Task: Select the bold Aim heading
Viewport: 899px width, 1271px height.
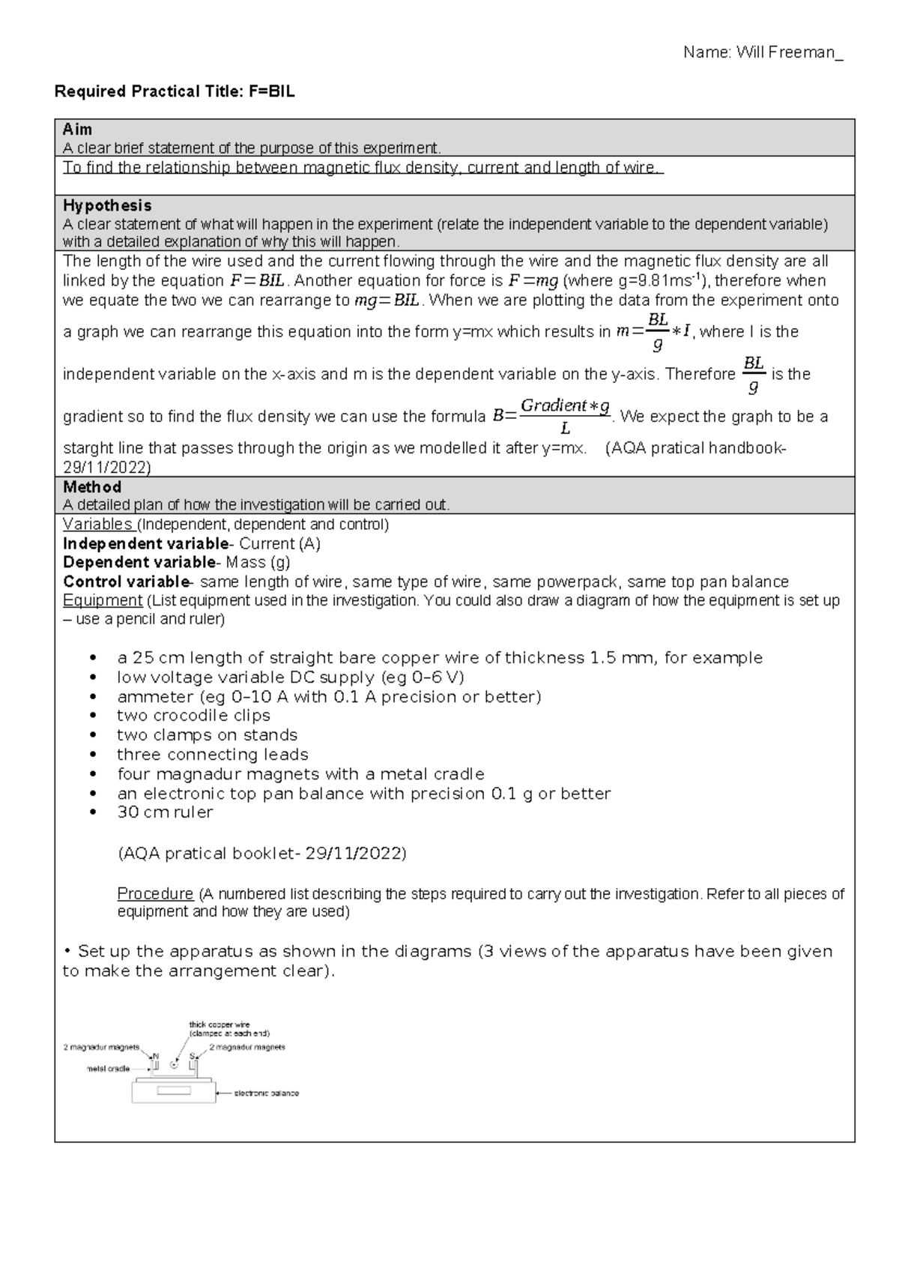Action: (77, 130)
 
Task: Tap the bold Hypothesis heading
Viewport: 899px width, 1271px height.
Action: (107, 205)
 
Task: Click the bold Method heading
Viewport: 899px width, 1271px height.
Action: (91, 487)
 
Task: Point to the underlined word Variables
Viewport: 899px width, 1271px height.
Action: (97, 525)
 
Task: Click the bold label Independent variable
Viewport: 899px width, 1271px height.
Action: (145, 544)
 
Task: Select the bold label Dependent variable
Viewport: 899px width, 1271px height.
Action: (139, 563)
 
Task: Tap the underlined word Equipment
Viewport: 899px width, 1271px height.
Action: (102, 601)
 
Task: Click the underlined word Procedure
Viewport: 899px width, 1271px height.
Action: (155, 894)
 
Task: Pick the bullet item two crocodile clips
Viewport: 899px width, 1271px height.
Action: (193, 716)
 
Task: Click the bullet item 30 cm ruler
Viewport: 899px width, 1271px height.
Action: (165, 812)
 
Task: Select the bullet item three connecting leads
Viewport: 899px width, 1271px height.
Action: (213, 755)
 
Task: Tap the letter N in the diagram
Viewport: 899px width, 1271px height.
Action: (156, 1056)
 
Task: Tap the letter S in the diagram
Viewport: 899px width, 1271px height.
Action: (192, 1056)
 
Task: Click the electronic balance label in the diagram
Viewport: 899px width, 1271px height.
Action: (267, 1093)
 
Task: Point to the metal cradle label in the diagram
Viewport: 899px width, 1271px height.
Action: (109, 1069)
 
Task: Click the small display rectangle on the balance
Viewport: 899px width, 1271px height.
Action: (174, 1090)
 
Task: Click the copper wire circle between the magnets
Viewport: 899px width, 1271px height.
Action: (174, 1065)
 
